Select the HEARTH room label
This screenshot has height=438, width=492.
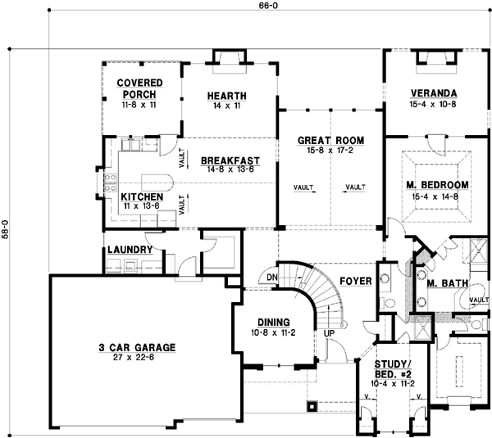point(227,97)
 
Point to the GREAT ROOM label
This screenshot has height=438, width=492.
point(330,141)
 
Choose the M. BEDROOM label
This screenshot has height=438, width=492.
point(436,184)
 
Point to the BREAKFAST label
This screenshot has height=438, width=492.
point(230,160)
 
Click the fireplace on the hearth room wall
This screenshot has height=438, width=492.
point(227,58)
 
